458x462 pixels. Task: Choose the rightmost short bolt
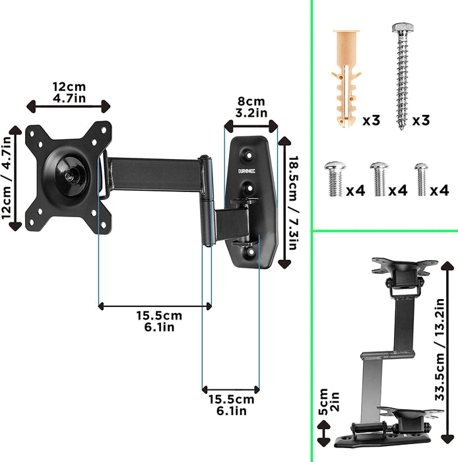[x=420, y=179]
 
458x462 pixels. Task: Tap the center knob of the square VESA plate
[x=71, y=176]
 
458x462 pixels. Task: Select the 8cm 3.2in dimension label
[x=251, y=107]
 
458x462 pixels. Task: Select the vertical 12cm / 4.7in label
[x=7, y=177]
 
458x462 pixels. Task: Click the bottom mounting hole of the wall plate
[x=250, y=251]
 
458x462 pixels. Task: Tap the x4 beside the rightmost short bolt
[x=439, y=191]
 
